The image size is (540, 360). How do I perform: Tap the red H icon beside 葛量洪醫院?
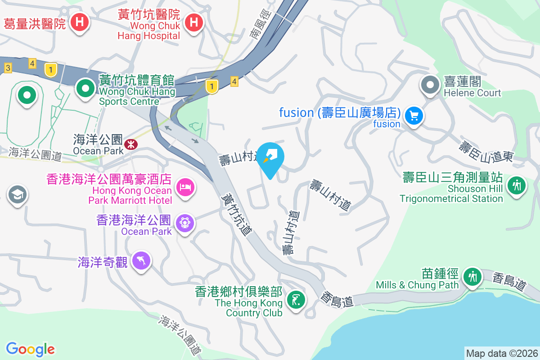pos(80,21)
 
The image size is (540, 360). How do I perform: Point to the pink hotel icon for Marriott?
pos(185,186)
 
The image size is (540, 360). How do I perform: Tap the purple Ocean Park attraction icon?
pos(185,222)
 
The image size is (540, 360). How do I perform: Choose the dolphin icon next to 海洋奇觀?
pos(141,261)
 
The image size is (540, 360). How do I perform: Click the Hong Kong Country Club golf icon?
pos(296,298)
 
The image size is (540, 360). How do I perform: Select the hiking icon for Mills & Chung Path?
pos(472,276)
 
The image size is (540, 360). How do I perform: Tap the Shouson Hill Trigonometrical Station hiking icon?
pos(517,185)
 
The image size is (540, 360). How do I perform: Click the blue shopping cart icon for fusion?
pos(413,116)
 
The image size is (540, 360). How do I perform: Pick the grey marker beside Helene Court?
pos(430,85)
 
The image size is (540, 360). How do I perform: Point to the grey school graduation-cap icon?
pos(17,194)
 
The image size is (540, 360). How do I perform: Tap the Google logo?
pos(31,349)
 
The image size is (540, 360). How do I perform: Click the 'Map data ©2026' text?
pos(501,353)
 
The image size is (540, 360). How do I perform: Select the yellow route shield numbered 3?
pos(8,68)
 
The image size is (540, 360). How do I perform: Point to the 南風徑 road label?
pos(262,25)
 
